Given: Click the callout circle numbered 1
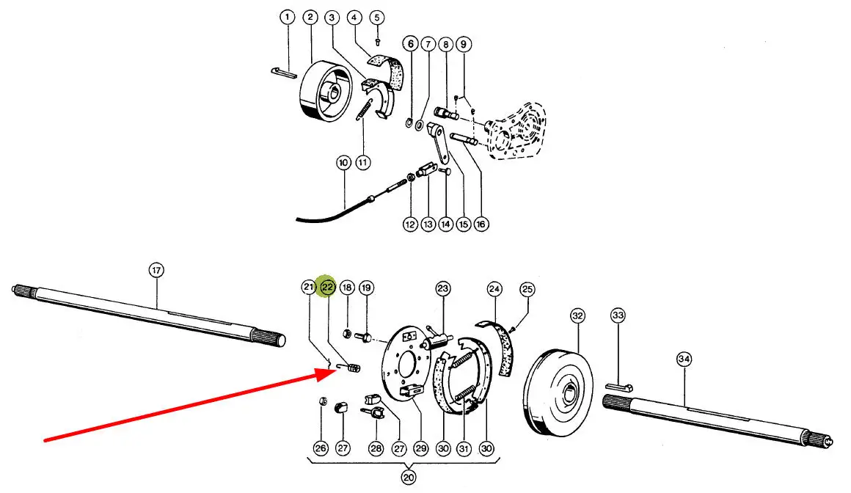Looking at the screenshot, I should point(288,16).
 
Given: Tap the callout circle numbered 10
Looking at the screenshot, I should point(343,162).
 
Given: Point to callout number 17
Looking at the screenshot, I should point(156,270).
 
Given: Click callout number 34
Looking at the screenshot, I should point(684,359).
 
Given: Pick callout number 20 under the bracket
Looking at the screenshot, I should point(409,477).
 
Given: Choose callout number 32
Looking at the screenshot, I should point(578,316).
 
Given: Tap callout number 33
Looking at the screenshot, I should point(618,316).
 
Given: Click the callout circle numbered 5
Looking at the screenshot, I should point(377,16).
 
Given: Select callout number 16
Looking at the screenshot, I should point(481,224).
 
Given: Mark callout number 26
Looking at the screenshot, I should point(321,448).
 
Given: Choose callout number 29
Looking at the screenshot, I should point(420,448).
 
